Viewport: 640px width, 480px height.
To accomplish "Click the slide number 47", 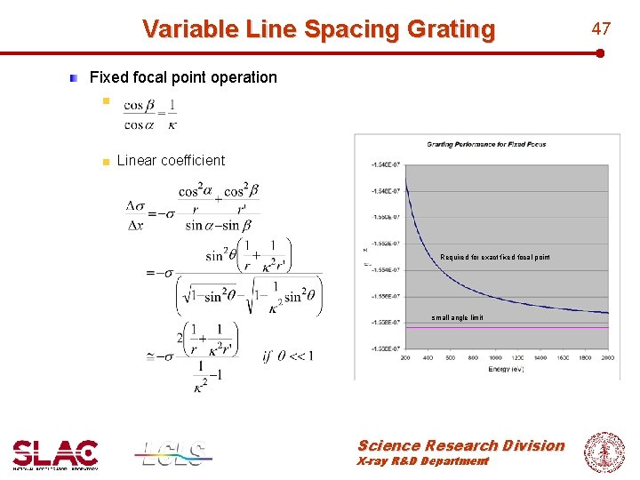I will [602, 28].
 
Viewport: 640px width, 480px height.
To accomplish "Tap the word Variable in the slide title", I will [188, 29].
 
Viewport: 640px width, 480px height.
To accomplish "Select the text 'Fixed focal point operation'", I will [183, 77].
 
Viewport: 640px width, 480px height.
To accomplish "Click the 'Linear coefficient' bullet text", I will [171, 160].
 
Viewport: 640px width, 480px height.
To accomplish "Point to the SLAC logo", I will [55, 453].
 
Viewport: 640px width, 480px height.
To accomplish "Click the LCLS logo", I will [173, 453].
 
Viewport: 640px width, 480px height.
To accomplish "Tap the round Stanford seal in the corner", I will [604, 452].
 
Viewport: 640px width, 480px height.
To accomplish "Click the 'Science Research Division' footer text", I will [460, 445].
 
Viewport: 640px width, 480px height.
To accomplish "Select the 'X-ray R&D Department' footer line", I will [423, 461].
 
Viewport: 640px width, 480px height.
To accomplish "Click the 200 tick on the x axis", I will [405, 357].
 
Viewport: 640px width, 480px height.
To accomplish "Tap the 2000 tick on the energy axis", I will [607, 357].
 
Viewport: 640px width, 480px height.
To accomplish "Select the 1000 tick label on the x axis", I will [494, 357].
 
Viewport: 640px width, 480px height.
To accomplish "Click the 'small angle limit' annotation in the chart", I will [457, 317].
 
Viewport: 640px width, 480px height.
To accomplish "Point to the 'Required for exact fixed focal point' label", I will [494, 258].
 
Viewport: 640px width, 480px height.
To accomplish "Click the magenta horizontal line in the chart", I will [533, 328].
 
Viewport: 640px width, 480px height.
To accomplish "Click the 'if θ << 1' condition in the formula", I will [287, 356].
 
